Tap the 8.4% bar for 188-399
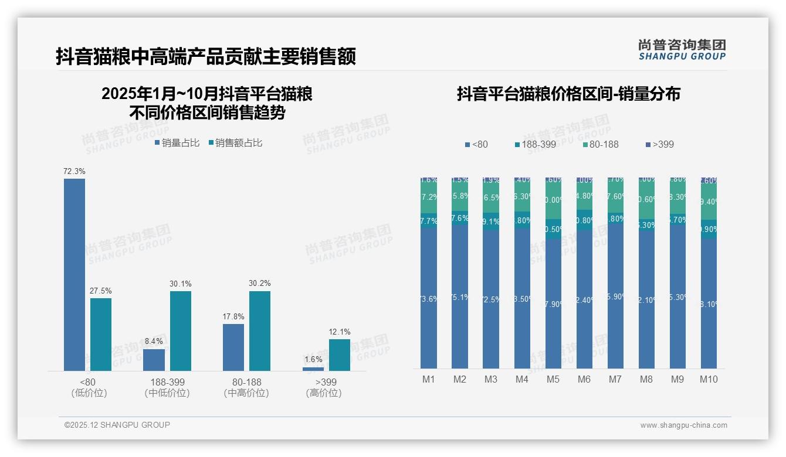point(154,360)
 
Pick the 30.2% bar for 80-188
point(260,330)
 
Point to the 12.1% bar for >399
point(339,354)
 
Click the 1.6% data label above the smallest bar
point(313,359)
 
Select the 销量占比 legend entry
point(177,142)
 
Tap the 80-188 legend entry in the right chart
point(600,144)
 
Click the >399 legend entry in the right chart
point(659,144)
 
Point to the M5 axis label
point(553,379)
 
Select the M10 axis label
point(709,379)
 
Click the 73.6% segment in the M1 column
point(429,298)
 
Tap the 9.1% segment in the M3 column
point(491,222)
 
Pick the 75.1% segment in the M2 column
point(460,296)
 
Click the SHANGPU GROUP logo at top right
point(682,50)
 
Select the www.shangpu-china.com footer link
point(683,425)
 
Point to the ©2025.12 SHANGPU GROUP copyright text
point(117,425)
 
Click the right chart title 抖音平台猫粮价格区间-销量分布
point(568,94)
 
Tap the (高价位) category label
point(323,393)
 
